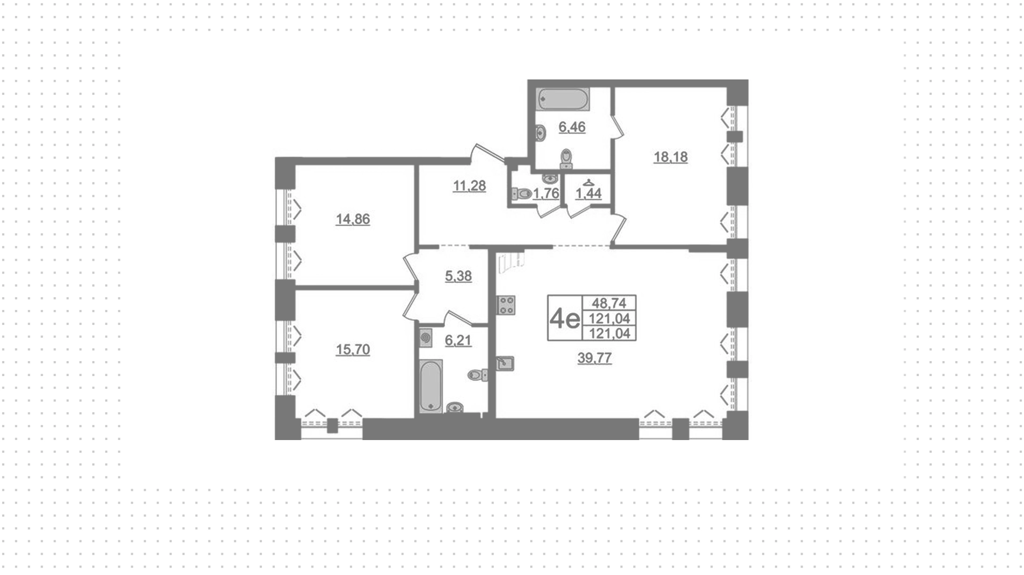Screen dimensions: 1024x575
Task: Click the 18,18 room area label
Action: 670,157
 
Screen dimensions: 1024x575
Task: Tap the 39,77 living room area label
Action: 595,358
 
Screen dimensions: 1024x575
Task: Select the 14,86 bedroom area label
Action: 353,219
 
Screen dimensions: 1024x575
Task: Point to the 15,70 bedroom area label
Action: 353,349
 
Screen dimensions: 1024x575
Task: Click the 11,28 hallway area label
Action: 469,186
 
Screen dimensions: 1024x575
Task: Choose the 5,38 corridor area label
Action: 458,276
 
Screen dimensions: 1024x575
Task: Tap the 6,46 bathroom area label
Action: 572,127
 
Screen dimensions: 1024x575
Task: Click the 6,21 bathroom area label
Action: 458,340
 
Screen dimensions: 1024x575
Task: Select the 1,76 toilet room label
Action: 546,193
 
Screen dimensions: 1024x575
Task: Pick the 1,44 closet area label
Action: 588,193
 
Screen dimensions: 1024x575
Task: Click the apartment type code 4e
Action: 565,318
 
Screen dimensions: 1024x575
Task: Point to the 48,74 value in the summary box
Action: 609,303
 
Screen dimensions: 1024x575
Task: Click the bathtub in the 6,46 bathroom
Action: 563,99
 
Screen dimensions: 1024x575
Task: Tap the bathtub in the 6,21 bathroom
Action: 430,386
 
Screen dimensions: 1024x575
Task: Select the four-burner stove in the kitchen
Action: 506,305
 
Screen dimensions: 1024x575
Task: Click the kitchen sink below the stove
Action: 505,363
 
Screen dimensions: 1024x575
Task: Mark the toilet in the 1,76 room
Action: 522,193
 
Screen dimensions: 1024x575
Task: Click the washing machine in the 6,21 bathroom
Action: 426,338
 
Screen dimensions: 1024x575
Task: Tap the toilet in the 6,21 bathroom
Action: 477,375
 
